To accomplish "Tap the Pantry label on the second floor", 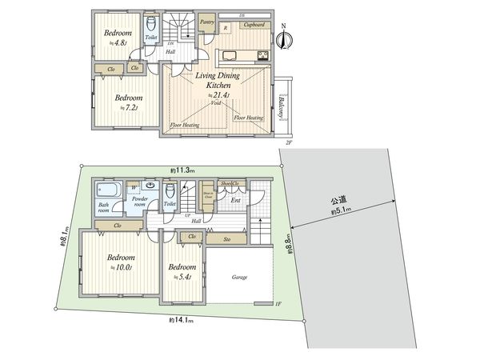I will (206, 22).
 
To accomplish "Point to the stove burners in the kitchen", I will (260, 55).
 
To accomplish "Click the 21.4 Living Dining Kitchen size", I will (218, 95).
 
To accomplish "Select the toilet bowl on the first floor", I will (170, 193).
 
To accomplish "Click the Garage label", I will (239, 277).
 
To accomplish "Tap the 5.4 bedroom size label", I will (181, 276).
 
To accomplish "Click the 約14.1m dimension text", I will (182, 320).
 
